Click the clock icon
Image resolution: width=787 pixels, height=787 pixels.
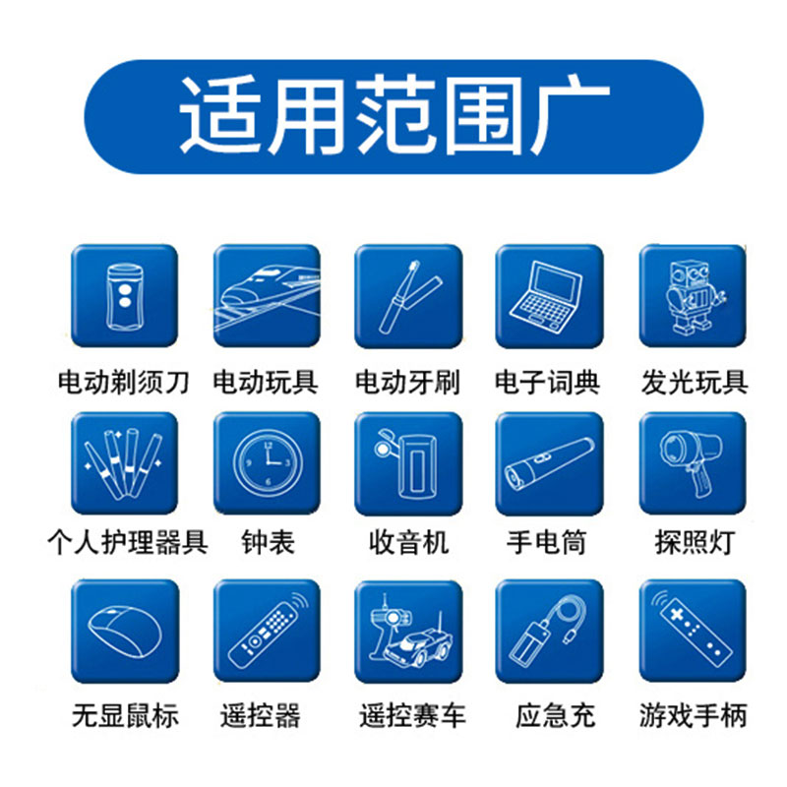point(267,463)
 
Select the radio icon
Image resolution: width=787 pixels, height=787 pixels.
point(407,463)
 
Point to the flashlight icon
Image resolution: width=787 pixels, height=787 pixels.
point(548,463)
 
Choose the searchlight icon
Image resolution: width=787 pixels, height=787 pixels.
point(692,463)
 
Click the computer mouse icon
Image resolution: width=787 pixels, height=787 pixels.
point(124,631)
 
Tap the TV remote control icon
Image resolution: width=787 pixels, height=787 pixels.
point(267,631)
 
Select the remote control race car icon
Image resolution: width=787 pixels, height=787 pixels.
point(407,631)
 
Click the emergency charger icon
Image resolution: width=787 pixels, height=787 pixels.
point(548,631)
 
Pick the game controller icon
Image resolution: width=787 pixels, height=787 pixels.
point(692,631)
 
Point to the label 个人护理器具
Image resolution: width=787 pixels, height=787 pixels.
point(128,542)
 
